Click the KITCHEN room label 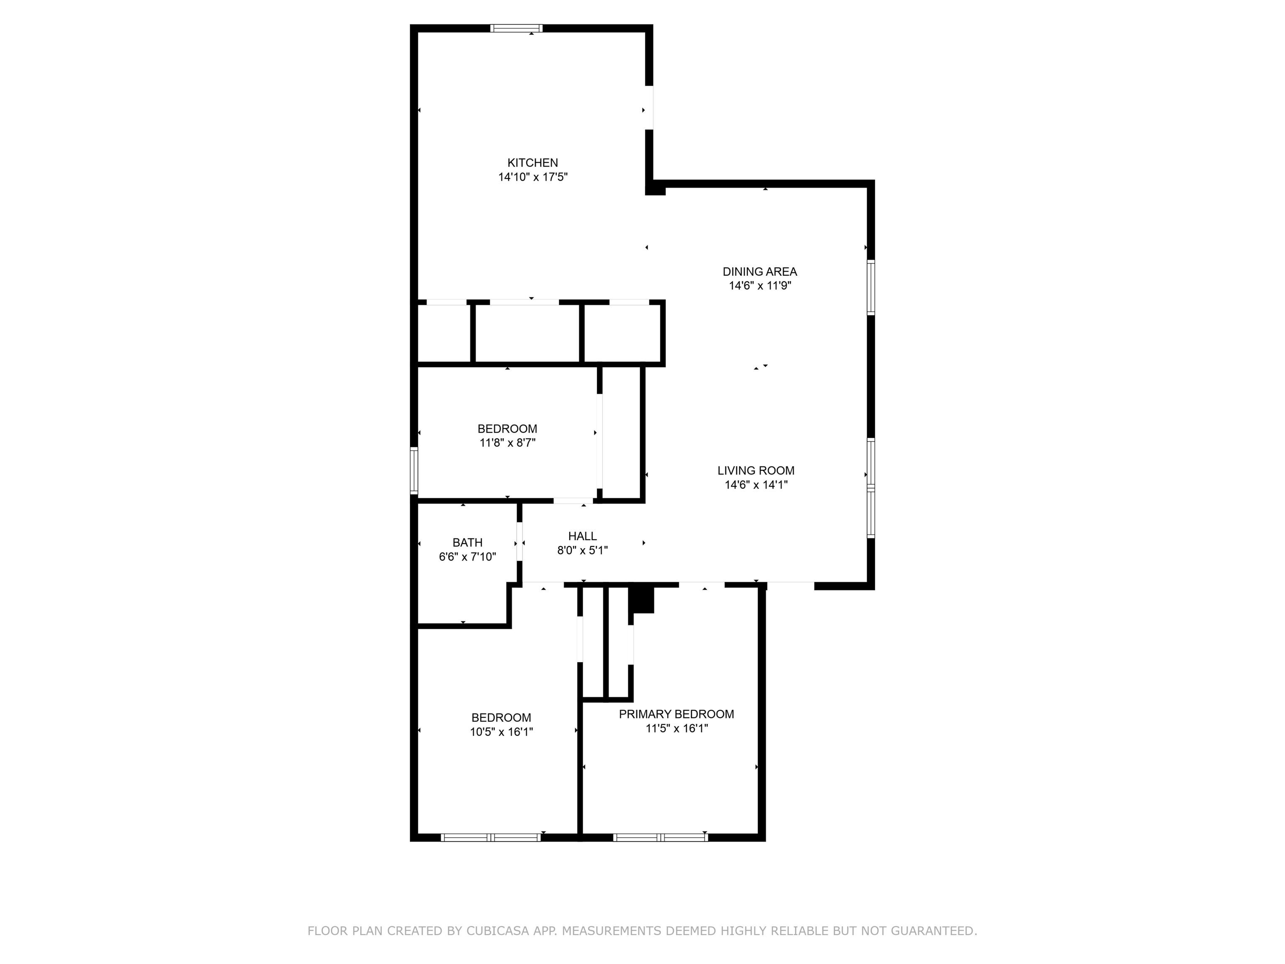click(x=533, y=163)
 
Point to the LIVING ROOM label click(x=756, y=471)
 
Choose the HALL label click(x=582, y=536)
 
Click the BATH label click(x=468, y=543)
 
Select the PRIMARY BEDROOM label click(x=676, y=714)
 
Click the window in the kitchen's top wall click(x=517, y=28)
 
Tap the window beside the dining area click(x=871, y=287)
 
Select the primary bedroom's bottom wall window click(x=660, y=837)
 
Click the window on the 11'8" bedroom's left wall click(x=414, y=470)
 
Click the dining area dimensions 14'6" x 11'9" click(x=760, y=286)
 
